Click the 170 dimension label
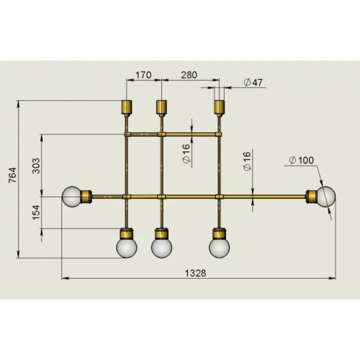[143, 73]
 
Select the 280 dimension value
[189, 73]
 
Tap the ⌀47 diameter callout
[251, 83]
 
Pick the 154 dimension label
[37, 213]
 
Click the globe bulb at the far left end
[72, 196]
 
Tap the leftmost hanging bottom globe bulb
[127, 247]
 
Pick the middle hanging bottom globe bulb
[161, 247]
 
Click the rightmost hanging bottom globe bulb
[220, 247]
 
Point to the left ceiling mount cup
[127, 108]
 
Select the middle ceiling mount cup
[161, 108]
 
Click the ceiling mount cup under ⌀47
[220, 108]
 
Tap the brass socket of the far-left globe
[87, 196]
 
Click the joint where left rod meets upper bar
[127, 134]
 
